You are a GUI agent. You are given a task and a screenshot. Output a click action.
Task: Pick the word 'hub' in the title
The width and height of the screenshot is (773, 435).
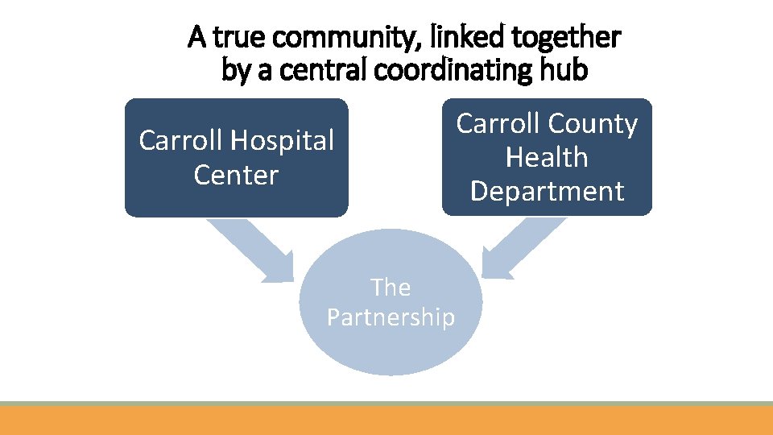click(x=566, y=71)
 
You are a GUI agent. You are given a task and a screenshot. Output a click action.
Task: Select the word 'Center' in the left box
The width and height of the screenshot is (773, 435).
click(x=236, y=175)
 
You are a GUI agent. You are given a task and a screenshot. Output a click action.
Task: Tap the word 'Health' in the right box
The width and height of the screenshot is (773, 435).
click(x=547, y=157)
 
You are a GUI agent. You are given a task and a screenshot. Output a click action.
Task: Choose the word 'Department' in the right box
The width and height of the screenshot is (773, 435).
click(x=547, y=191)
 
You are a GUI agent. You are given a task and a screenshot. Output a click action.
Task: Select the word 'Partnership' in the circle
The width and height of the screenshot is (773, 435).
click(x=391, y=317)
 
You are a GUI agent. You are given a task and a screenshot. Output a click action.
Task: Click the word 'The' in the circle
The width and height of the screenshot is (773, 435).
click(x=391, y=288)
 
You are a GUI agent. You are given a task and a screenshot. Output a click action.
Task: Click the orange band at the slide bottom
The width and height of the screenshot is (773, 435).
click(x=386, y=420)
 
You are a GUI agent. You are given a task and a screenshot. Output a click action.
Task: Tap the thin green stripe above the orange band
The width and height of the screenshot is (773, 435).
click(x=386, y=403)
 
